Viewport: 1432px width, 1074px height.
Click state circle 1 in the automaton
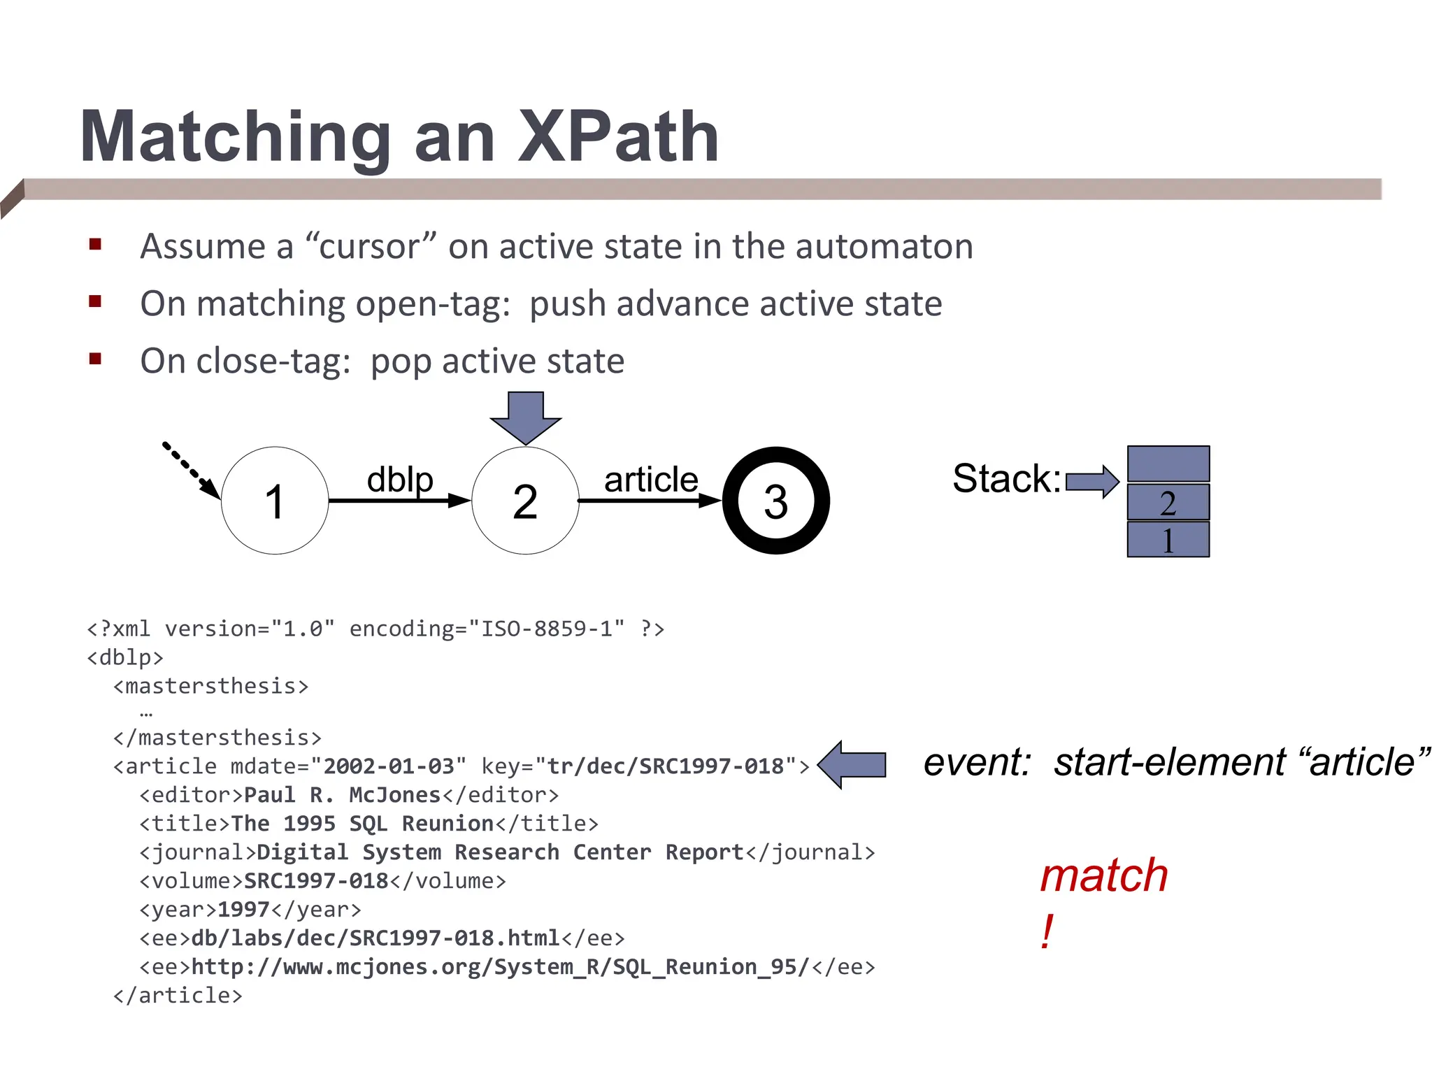click(275, 501)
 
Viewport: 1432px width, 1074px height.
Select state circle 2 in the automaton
click(525, 501)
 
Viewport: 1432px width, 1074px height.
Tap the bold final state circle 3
click(775, 501)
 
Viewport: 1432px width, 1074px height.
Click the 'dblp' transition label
click(400, 480)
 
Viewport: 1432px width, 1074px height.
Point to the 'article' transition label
click(651, 480)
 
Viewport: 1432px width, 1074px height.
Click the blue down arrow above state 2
click(525, 417)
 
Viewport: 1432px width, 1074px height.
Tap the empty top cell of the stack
click(1168, 463)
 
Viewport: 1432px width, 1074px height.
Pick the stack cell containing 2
click(1168, 502)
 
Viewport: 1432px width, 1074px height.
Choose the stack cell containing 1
click(1168, 540)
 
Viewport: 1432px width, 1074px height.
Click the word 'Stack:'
click(1006, 479)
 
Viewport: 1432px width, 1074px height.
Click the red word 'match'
click(1103, 875)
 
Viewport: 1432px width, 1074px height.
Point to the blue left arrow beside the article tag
click(852, 764)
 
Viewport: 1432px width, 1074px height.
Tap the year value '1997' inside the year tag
click(243, 910)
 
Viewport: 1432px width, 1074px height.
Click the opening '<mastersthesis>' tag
click(210, 686)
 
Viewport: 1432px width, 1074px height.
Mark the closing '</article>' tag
click(178, 995)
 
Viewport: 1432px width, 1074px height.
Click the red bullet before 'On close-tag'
click(96, 359)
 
